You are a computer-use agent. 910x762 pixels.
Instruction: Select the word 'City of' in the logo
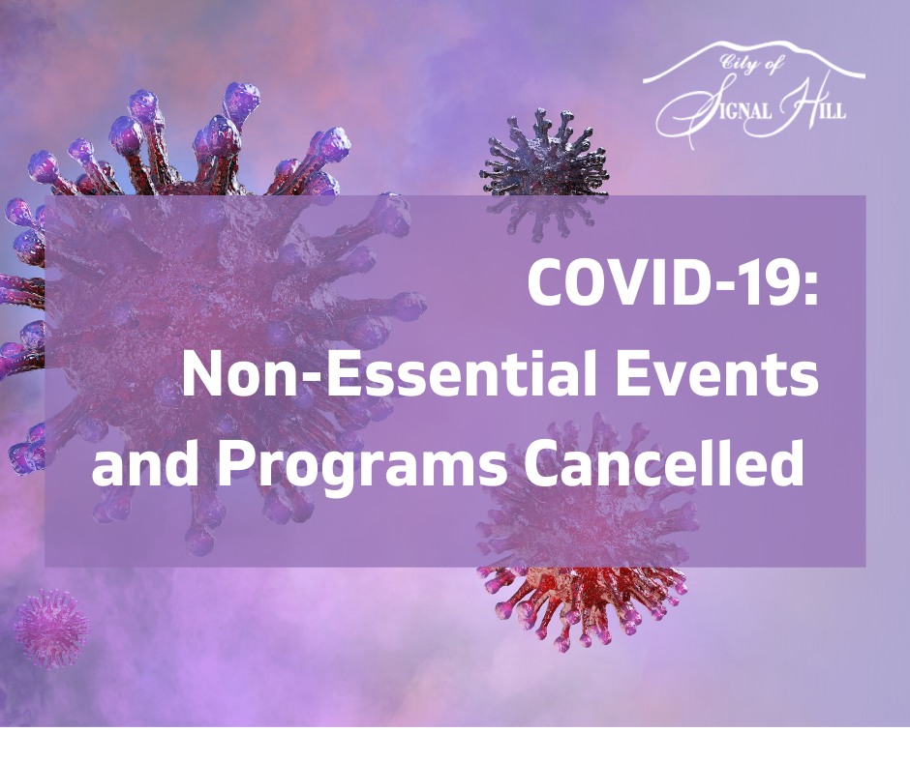(x=753, y=65)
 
